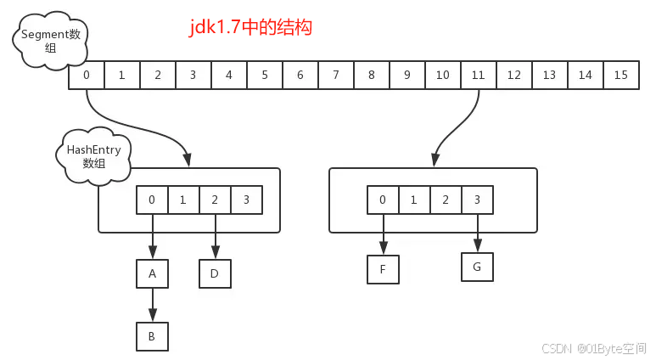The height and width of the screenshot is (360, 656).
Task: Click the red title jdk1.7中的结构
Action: click(251, 27)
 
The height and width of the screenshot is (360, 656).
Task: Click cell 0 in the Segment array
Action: click(87, 75)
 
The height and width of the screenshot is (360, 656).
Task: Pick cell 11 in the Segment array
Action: click(478, 75)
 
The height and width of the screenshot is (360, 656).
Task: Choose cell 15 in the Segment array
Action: click(620, 75)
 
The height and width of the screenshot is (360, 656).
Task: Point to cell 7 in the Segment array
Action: click(336, 75)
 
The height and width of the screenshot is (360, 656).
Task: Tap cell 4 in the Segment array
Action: click(229, 75)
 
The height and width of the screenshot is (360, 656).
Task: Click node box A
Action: click(152, 273)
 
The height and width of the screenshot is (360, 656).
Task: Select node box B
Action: click(152, 336)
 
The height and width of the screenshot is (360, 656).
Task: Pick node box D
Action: click(215, 273)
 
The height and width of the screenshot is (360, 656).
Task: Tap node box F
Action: click(383, 269)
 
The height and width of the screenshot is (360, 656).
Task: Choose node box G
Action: click(477, 267)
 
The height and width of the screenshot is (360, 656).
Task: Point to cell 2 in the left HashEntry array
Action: click(215, 200)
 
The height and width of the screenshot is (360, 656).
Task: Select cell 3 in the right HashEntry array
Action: click(477, 200)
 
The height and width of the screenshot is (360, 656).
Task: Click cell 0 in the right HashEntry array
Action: click(383, 200)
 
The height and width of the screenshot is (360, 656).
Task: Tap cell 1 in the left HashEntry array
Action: click(183, 200)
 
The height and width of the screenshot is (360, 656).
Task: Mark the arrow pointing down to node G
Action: click(477, 233)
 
